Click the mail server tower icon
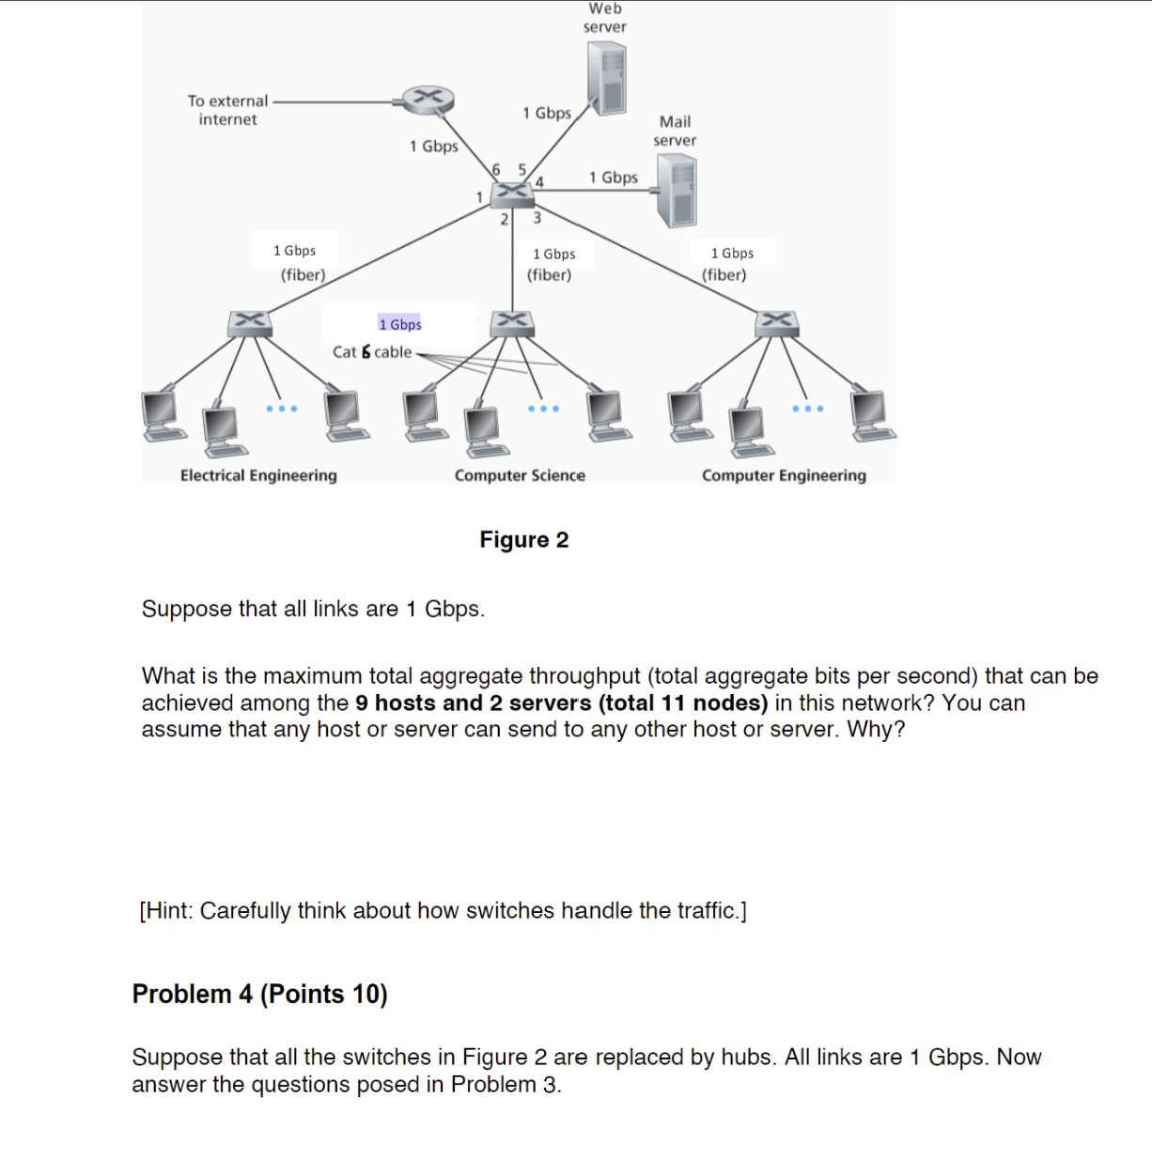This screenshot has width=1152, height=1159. tap(677, 191)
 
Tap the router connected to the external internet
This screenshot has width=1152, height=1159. tap(428, 99)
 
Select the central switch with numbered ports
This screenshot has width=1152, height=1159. tap(512, 193)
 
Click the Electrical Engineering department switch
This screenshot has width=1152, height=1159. tap(250, 322)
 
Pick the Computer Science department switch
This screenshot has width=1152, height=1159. tap(512, 322)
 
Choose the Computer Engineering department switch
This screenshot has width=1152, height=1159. tap(776, 322)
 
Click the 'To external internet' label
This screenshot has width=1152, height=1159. tap(227, 110)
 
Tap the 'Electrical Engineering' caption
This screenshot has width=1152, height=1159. tap(258, 475)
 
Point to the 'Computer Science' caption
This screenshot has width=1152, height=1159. tap(520, 475)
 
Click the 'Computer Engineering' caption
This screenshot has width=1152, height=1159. tap(784, 475)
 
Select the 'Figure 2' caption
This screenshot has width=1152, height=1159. tap(523, 540)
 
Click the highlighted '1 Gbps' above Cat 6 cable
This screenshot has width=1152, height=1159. tap(400, 324)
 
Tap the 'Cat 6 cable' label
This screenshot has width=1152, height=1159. tap(372, 352)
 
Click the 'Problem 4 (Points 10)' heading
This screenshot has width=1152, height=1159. tap(259, 994)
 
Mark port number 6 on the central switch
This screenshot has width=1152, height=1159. tap(497, 169)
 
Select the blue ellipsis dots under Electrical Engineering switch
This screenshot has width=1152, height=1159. tap(281, 409)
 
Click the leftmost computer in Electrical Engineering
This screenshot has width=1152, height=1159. tap(162, 414)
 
